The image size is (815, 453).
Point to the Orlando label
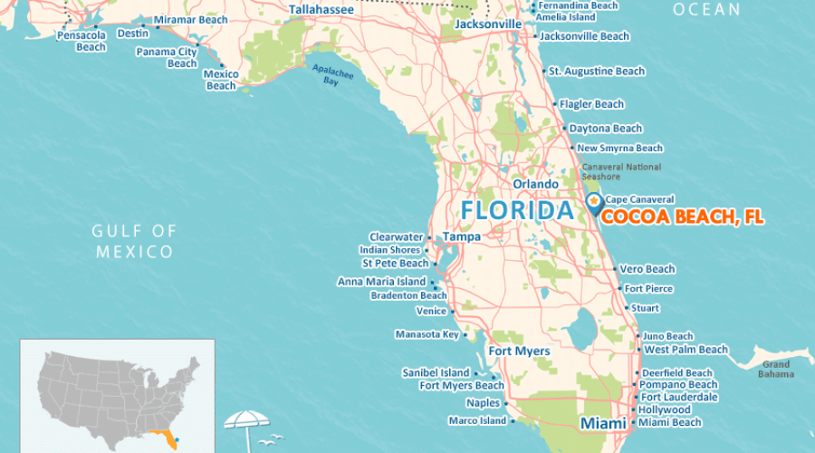536,184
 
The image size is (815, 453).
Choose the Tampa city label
461,237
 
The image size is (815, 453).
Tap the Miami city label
603,424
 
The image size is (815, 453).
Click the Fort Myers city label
519,352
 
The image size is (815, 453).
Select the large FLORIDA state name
517,211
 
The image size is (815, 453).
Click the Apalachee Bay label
331,75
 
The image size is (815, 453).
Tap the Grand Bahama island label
774,369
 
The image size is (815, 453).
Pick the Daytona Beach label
605,129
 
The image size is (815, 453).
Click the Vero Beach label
647,269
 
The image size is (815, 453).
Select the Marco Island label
477,420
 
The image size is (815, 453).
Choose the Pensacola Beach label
81,42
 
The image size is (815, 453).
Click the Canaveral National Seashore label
621,172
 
